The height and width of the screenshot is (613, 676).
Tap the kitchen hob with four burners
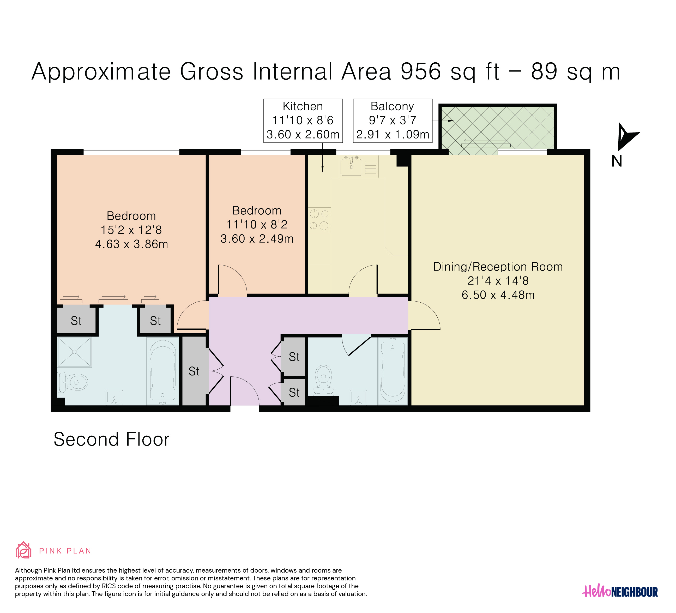[319, 220]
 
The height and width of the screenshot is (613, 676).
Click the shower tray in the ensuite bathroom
[74, 352]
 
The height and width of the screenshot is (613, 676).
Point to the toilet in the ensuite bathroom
[73, 382]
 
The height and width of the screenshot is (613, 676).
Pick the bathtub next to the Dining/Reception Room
[393, 371]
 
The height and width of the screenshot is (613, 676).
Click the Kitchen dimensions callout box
[303, 121]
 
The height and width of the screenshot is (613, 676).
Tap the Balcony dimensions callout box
[393, 121]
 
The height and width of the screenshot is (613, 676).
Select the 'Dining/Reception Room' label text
[498, 267]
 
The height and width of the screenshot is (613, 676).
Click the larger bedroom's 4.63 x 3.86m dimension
[131, 244]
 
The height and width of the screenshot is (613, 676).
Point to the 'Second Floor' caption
[112, 439]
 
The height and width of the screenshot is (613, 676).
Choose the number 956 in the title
[421, 71]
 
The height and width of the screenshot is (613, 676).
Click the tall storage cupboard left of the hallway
[194, 371]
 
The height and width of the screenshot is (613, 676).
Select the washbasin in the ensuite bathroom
[114, 397]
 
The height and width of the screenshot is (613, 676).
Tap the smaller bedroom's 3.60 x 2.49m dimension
[257, 239]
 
